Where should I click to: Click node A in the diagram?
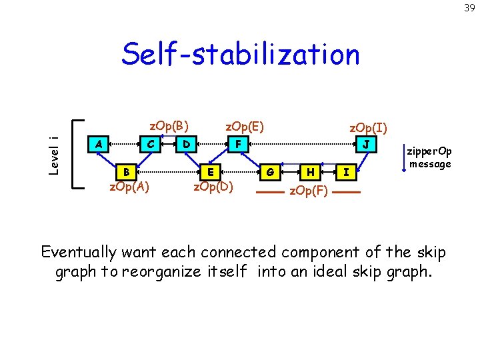(x=99, y=143)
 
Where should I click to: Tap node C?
(x=151, y=143)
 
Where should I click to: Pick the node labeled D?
(x=187, y=143)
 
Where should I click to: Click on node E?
(x=211, y=171)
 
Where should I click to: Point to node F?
(x=237, y=143)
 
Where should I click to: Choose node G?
(x=270, y=171)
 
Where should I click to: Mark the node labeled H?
(x=309, y=171)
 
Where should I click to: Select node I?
(x=345, y=171)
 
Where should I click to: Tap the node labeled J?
(x=366, y=143)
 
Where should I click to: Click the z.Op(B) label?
(x=169, y=125)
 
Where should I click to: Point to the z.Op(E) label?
(x=245, y=125)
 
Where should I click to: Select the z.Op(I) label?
(x=369, y=127)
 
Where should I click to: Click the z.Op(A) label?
(x=129, y=187)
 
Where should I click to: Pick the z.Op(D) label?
(x=213, y=187)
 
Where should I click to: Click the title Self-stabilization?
(x=240, y=55)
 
